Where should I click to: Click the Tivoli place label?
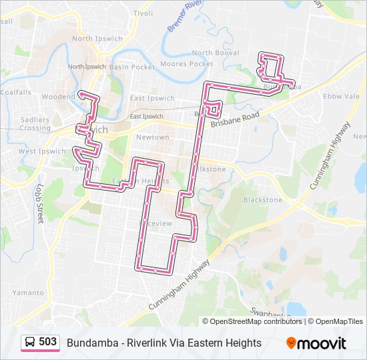click(143, 13)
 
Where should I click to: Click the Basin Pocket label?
click(132, 67)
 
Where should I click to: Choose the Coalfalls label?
click(16, 92)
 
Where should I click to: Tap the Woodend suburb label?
click(58, 97)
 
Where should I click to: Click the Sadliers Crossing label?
click(35, 123)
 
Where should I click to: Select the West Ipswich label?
click(42, 151)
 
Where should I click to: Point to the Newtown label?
click(152, 137)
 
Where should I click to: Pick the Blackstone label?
click(262, 199)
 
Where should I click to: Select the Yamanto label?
click(28, 292)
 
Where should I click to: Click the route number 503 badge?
click(47, 342)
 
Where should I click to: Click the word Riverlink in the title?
click(145, 343)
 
